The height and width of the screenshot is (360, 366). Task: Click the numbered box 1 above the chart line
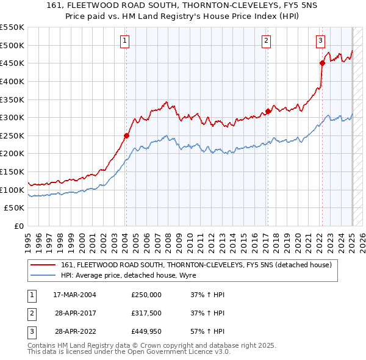tap(124, 41)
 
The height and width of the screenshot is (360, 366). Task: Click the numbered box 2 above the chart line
tap(267, 41)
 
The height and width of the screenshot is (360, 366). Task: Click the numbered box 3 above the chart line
tap(320, 41)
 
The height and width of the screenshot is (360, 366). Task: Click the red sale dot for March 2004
tap(126, 135)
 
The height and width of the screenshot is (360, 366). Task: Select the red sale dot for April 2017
tap(268, 111)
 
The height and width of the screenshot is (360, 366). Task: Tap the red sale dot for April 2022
tap(322, 63)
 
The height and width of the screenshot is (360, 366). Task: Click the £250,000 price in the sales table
tap(146, 295)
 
